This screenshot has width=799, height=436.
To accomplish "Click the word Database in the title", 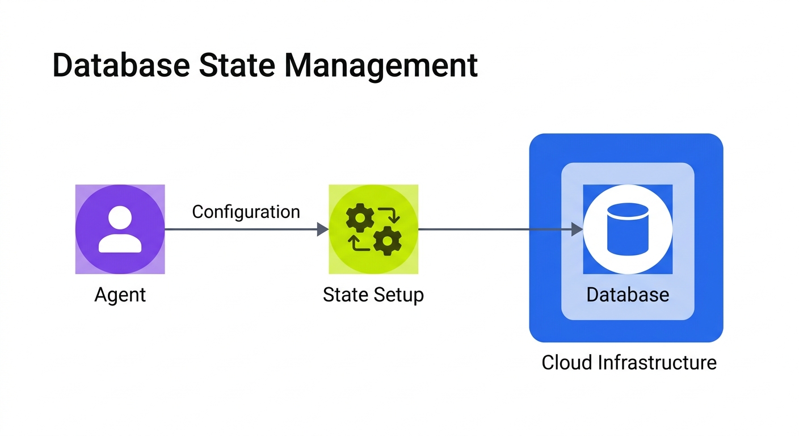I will pos(120,66).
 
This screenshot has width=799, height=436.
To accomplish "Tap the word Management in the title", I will pos(381,66).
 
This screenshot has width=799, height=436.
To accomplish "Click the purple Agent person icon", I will pos(120,229).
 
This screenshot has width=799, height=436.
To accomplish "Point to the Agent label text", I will pos(120,295).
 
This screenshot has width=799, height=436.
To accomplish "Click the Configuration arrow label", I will pos(246,212).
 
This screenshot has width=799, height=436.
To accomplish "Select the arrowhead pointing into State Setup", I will pos(322,229).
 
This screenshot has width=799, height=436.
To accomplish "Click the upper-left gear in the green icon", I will pos(360,217).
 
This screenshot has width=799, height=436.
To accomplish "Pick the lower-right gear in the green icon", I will pos(388,241).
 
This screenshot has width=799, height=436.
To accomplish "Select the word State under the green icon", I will pos(346,295).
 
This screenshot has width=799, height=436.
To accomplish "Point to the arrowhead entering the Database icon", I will pos(577,229).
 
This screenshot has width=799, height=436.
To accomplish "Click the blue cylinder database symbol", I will pos(628,229).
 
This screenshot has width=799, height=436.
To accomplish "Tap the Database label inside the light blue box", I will pos(628,295).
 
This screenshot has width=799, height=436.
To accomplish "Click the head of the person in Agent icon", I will pos(120,218).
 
